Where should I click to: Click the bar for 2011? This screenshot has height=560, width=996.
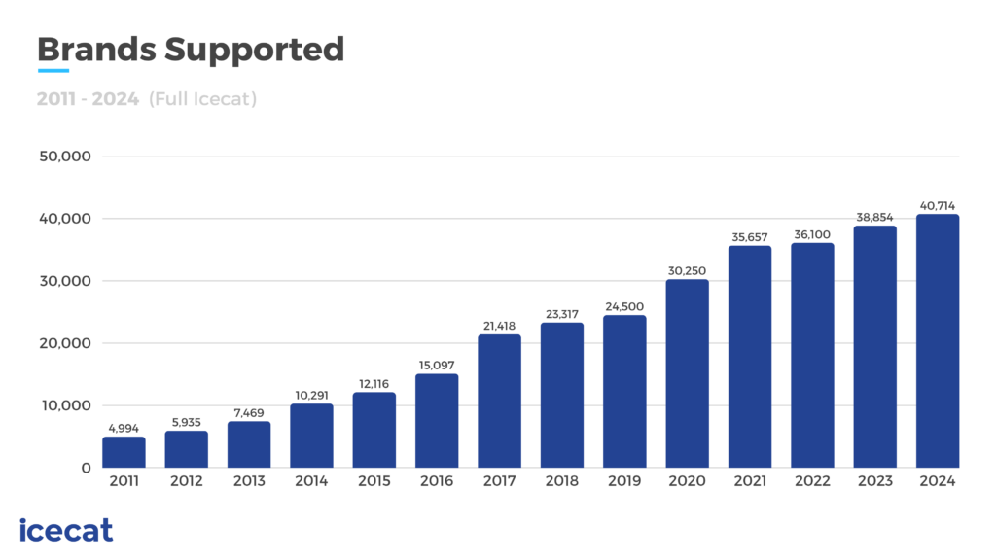tap(124, 452)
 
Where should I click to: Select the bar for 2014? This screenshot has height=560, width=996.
tap(311, 436)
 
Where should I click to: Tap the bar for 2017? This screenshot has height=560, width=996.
tap(499, 401)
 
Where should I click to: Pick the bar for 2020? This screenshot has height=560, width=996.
tap(687, 373)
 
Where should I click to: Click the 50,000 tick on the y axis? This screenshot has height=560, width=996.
tap(64, 157)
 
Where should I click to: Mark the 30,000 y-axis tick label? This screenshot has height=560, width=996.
tap(64, 281)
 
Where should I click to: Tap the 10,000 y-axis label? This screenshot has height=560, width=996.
tap(64, 405)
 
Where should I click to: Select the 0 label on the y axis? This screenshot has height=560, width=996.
tap(86, 468)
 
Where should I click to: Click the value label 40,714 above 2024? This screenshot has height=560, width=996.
tap(938, 206)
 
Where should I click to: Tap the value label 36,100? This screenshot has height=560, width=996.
tap(812, 234)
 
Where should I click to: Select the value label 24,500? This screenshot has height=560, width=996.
tap(623, 306)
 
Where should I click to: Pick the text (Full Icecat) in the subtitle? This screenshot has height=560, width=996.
tap(202, 99)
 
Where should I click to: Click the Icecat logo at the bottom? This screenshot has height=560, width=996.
tap(66, 530)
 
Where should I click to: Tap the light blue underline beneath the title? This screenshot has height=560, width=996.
tap(53, 71)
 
